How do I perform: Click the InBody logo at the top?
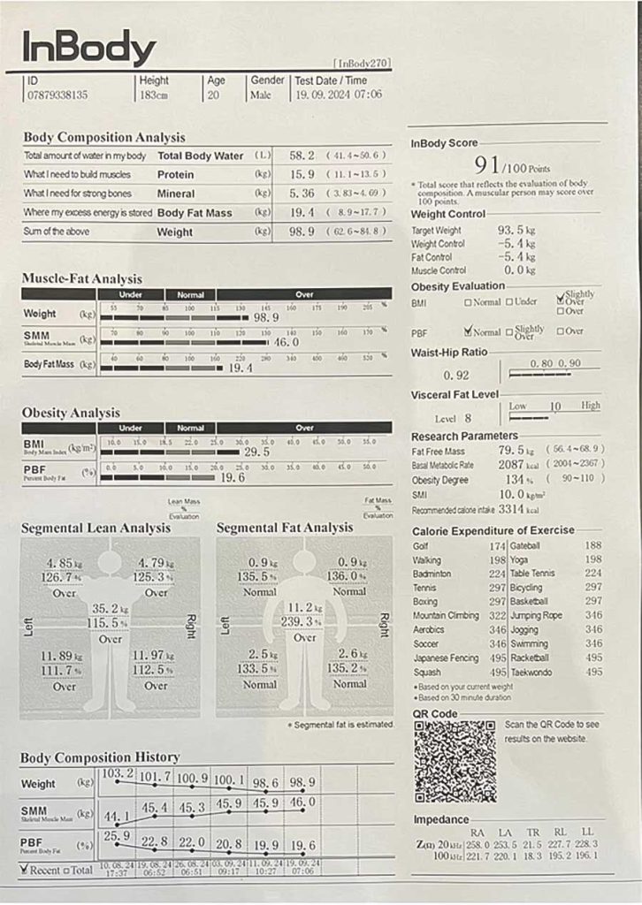pos(88,48)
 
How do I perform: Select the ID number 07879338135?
pos(57,95)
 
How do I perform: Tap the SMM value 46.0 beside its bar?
pos(283,341)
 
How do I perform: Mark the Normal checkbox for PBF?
pos(470,331)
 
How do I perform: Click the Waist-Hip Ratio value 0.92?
pos(456,375)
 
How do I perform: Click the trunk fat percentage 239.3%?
pos(303,622)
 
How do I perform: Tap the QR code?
pos(455,760)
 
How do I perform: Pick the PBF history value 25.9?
pos(116,835)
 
